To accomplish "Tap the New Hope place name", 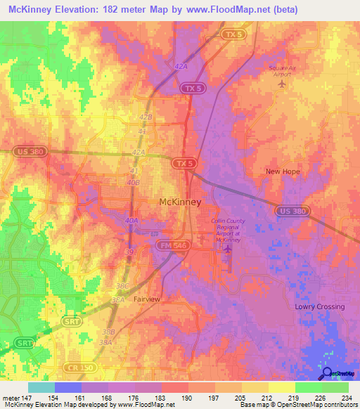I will point(282,171).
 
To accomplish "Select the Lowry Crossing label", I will point(319,307).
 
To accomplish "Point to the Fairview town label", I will point(147,299).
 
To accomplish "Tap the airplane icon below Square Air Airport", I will point(283,84).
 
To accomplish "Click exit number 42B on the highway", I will point(146,117).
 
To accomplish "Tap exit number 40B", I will point(133,183).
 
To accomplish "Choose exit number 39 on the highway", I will point(128,250).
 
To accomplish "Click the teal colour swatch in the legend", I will point(41,387).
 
